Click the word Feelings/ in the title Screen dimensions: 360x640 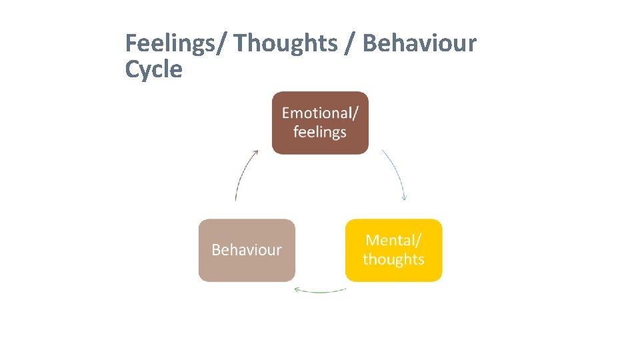(x=176, y=44)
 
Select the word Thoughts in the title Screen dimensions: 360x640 (x=285, y=44)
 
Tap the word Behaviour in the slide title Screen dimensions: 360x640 (x=419, y=44)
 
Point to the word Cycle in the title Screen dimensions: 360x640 (x=153, y=69)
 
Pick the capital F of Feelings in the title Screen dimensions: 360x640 (x=131, y=44)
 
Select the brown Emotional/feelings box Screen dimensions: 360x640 (x=320, y=123)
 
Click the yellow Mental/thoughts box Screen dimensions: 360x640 (x=393, y=250)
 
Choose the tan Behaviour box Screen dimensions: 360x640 (x=247, y=250)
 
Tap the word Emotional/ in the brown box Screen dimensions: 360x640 (x=320, y=113)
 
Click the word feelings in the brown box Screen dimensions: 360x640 (x=320, y=132)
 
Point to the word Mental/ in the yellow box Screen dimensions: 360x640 (x=394, y=240)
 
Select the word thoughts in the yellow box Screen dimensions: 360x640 (x=393, y=259)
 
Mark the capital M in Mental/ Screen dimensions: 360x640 (x=373, y=240)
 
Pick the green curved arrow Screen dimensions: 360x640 (x=320, y=291)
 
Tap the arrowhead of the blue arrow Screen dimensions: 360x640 (x=405, y=197)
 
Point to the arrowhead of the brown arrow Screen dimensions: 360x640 (x=255, y=153)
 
